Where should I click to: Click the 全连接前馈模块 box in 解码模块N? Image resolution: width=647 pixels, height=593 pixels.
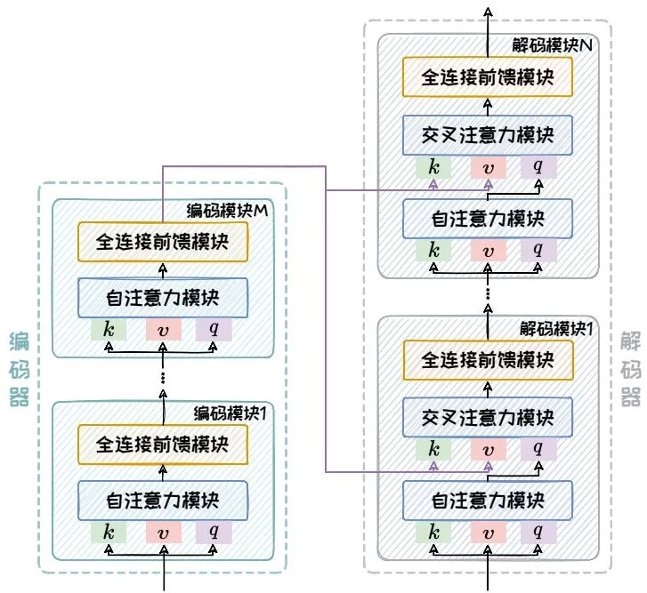coord(487,77)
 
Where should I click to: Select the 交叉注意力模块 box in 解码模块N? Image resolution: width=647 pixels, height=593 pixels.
coord(487,135)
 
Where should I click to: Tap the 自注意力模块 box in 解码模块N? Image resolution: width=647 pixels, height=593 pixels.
coord(487,217)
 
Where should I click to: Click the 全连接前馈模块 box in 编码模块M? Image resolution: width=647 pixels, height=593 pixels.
coord(161,242)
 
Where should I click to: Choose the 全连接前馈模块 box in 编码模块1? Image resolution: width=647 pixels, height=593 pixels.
coord(161,444)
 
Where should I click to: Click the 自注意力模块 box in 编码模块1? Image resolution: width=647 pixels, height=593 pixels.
coord(161,499)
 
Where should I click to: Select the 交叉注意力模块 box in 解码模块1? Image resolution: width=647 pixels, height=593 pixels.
coord(487,416)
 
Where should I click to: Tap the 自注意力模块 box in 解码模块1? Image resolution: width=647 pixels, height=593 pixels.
coord(487,499)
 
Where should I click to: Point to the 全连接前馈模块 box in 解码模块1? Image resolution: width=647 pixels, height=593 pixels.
coord(487,360)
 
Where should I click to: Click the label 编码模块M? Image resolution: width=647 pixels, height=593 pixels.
coord(228,211)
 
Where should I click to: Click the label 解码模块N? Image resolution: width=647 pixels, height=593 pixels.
coord(554,44)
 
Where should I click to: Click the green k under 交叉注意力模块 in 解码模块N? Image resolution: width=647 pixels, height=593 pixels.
coord(433,166)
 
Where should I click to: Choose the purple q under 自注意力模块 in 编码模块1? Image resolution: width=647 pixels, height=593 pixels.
coord(214,531)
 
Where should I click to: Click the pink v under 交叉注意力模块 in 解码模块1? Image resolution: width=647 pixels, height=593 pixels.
coord(487,448)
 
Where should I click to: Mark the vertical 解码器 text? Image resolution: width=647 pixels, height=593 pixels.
coord(630,368)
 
